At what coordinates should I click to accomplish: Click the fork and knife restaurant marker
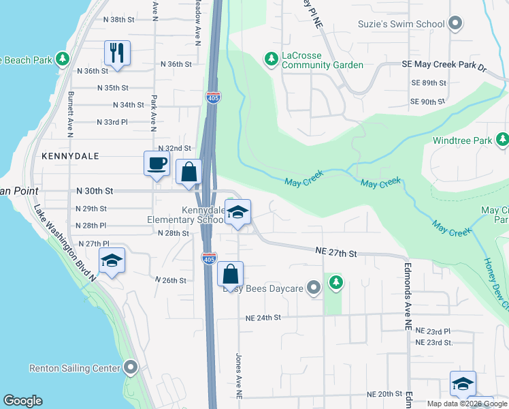117,53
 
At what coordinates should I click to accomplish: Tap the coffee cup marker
157,164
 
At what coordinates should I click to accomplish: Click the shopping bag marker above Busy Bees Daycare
231,274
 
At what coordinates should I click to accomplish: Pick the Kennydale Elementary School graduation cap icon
237,213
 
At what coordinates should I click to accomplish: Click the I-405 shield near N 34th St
212,98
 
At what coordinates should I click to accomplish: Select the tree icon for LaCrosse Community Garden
272,59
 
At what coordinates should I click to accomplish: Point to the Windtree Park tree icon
502,140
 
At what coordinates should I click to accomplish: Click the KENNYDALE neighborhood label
70,156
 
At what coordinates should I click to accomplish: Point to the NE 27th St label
336,252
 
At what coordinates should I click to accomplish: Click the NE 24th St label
264,318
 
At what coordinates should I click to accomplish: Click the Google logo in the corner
22,401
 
